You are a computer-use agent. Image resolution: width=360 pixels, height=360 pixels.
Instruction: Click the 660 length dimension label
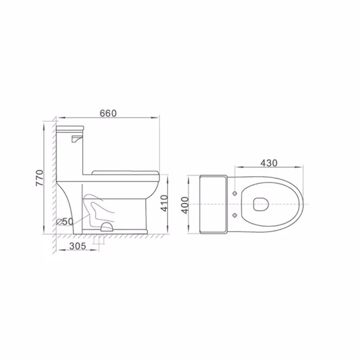pos(108,113)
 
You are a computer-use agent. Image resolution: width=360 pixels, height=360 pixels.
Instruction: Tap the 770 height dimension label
pos(39,178)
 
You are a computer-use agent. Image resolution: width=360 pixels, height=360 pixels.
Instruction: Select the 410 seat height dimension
pos(164,203)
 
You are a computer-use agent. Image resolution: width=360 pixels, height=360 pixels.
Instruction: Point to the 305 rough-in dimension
pos(78,246)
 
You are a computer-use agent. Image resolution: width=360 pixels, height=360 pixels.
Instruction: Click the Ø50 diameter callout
pos(65,222)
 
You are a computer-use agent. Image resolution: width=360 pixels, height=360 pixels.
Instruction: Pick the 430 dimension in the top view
pos(269,163)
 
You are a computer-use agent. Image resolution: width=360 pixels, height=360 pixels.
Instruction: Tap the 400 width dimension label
pos(185,205)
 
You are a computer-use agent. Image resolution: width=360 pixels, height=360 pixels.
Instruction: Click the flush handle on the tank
pos(76,139)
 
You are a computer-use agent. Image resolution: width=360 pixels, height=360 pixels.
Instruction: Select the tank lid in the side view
pos(70,129)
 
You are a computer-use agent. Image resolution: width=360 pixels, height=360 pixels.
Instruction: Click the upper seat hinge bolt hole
pos(235,193)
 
